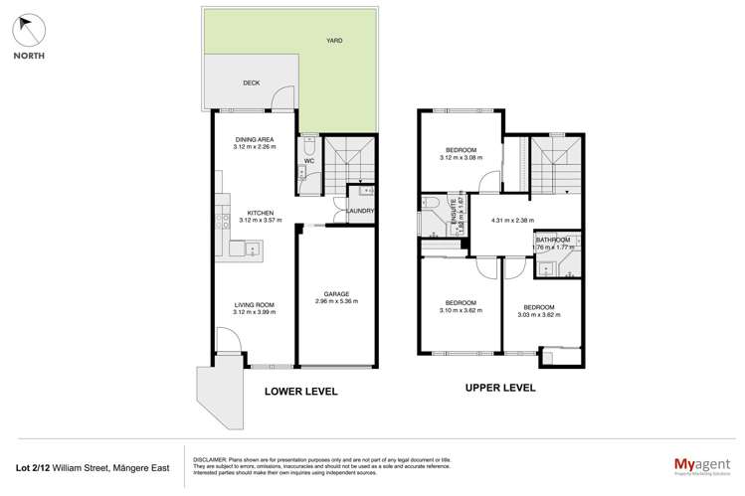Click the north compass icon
tap(28, 31)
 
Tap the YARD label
tap(335, 42)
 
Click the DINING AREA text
tap(254, 139)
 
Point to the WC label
tap(308, 159)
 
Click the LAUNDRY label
tap(360, 211)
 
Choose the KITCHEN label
tap(261, 213)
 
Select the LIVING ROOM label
tap(254, 305)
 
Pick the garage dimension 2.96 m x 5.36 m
tap(337, 301)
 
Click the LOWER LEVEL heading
tap(300, 392)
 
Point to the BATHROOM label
tap(552, 241)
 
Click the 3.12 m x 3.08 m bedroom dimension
tap(461, 157)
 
